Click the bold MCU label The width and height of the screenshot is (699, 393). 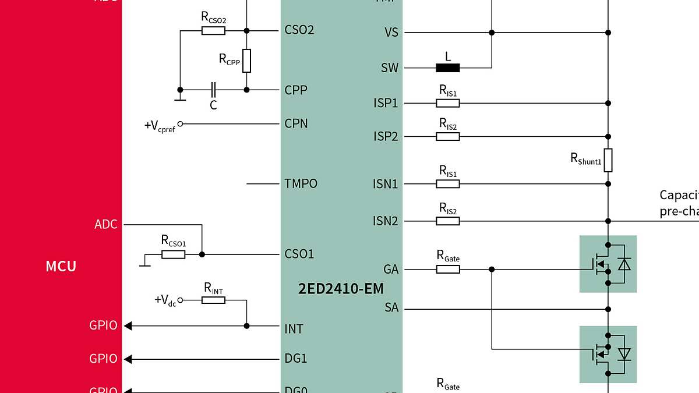tap(61, 266)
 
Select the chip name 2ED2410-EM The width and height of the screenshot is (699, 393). tap(341, 288)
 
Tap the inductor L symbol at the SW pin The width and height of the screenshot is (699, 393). tap(448, 68)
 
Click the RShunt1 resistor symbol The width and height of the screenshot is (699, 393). tap(608, 160)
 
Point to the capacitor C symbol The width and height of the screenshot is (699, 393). tap(213, 90)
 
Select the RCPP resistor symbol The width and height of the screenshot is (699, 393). tap(247, 61)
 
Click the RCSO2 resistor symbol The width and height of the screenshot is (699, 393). tap(214, 30)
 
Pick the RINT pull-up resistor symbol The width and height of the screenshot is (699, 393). tap(214, 300)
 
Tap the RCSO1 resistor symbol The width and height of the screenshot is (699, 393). tap(174, 254)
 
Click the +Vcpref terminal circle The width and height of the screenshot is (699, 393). tap(180, 124)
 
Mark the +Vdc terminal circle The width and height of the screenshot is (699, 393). tap(180, 300)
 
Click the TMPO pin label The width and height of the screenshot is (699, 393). tap(301, 184)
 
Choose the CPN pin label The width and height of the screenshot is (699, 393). tap(296, 124)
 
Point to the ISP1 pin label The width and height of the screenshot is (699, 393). tap(386, 103)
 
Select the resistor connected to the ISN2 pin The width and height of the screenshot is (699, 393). tap(448, 221)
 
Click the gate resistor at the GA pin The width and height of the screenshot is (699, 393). tap(448, 270)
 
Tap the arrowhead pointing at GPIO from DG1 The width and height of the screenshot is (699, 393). tap(129, 359)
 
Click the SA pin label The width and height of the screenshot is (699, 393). tap(391, 307)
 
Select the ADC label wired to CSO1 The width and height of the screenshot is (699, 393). tap(106, 224)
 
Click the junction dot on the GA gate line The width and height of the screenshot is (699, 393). tap(492, 270)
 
